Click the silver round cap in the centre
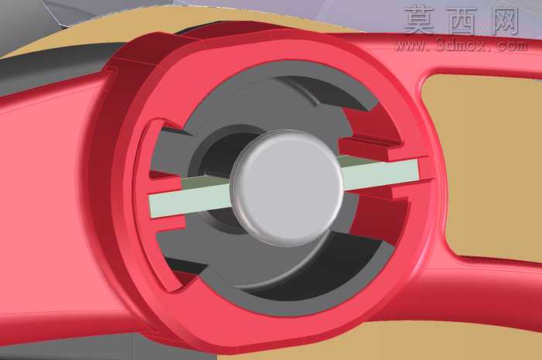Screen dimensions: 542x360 tap(287, 188)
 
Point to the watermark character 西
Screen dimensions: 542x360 tap(461, 21)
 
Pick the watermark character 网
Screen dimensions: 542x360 tap(504, 21)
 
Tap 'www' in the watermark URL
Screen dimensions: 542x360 tap(410, 46)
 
